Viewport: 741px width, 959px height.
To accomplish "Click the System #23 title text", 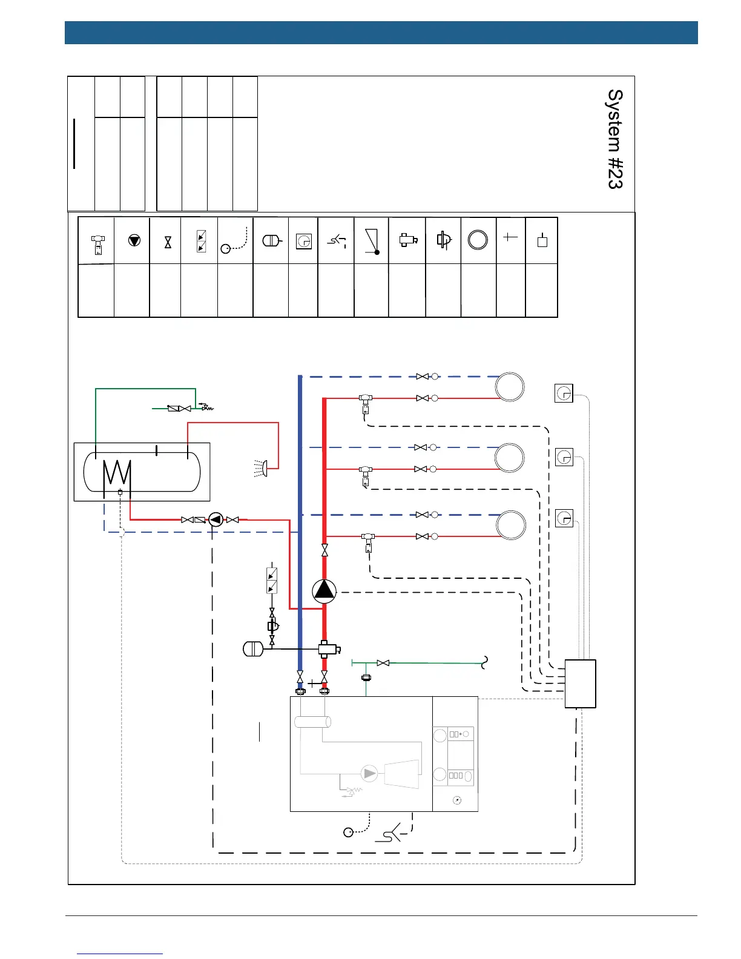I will click(615, 139).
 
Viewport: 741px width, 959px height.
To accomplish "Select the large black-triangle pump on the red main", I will click(324, 592).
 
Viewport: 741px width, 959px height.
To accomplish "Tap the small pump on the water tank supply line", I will click(216, 519).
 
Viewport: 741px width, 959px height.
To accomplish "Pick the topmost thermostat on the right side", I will click(564, 394).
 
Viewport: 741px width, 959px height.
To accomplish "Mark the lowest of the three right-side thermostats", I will click(564, 518).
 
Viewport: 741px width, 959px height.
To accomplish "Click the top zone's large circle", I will click(510, 387).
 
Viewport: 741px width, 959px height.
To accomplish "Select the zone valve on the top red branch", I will click(365, 403).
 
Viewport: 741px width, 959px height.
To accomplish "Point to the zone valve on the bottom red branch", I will click(368, 541).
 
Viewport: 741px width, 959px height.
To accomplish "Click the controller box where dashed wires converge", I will click(580, 684).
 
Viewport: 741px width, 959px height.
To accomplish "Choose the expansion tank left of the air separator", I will click(252, 649).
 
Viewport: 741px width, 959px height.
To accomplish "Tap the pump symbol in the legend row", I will click(134, 240).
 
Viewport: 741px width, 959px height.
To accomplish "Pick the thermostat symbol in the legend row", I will click(303, 242).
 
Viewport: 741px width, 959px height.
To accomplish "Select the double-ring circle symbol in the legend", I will click(478, 240).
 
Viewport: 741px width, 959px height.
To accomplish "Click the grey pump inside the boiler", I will click(369, 773).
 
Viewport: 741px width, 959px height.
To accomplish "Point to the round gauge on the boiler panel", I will click(457, 800).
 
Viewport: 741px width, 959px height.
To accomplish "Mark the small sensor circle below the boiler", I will click(348, 832).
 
